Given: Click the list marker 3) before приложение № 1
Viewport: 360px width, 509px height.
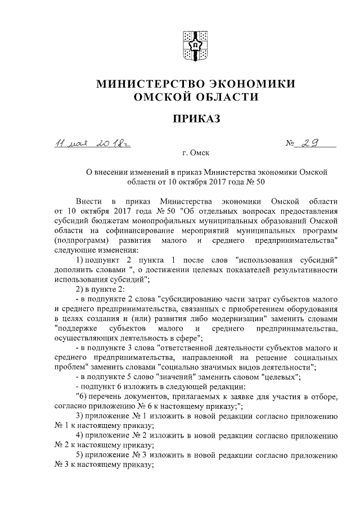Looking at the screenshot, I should [79, 417].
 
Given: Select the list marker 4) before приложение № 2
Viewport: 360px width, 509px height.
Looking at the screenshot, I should [79, 436].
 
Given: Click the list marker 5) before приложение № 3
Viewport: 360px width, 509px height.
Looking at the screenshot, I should [79, 456].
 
